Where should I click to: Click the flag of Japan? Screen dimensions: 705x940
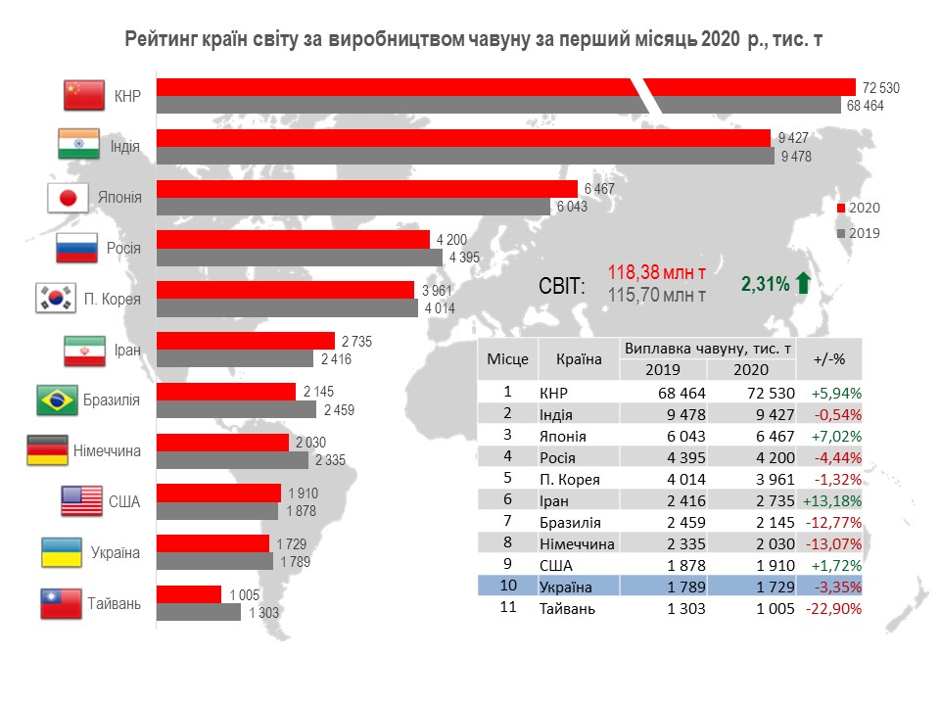pyautogui.click(x=69, y=198)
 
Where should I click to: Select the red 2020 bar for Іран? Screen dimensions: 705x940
pyautogui.click(x=247, y=341)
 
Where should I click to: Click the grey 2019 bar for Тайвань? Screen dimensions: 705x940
pyautogui.click(x=199, y=612)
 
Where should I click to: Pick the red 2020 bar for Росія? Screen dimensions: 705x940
pyautogui.click(x=293, y=239)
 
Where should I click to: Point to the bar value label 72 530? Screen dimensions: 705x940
pyautogui.click(x=880, y=88)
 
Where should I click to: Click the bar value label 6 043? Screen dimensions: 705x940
pyautogui.click(x=573, y=207)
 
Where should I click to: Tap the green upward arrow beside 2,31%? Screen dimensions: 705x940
pyautogui.click(x=803, y=284)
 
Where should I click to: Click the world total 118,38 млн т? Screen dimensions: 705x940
pyautogui.click(x=656, y=272)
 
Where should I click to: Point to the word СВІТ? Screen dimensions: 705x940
pyautogui.click(x=562, y=286)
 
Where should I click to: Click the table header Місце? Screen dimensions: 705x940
pyautogui.click(x=508, y=359)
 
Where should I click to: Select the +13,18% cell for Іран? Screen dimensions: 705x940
pyautogui.click(x=836, y=499)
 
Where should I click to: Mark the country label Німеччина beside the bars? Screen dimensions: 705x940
pyautogui.click(x=107, y=451)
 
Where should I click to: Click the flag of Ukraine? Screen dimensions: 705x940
pyautogui.click(x=61, y=552)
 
